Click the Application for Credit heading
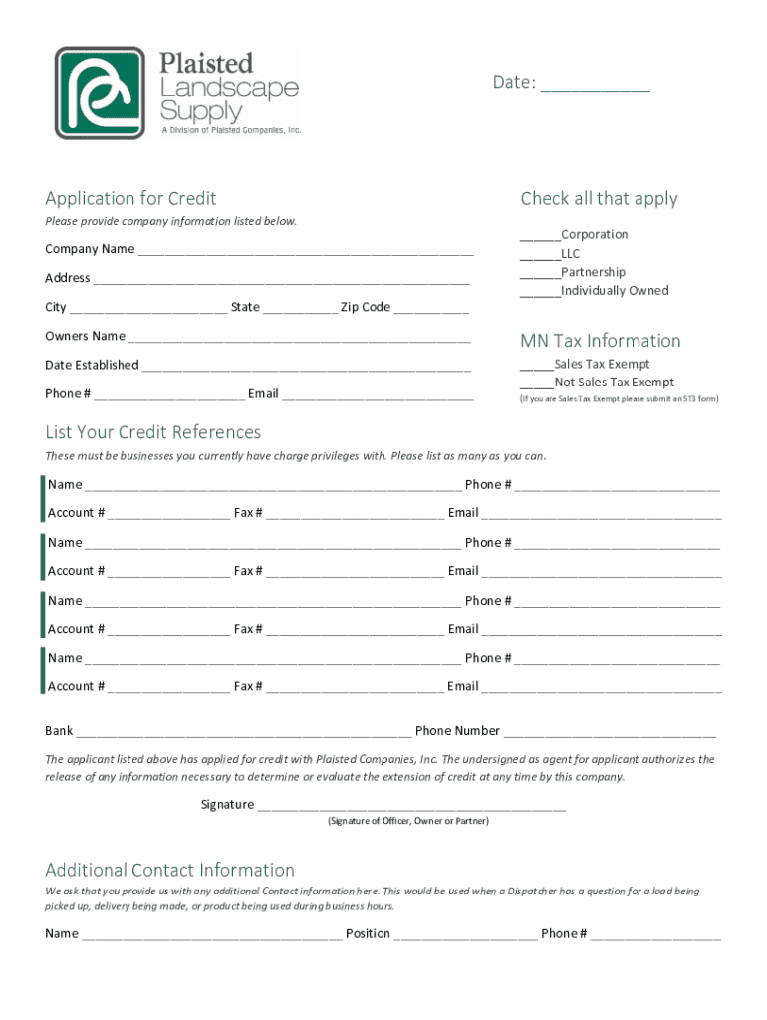coord(130,198)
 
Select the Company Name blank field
coord(305,252)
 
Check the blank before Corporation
coord(539,237)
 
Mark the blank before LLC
coord(539,256)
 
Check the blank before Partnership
coord(539,275)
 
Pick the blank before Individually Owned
coord(539,294)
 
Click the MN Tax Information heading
coord(601,341)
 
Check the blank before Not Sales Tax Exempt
coord(536,385)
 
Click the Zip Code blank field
coord(431,310)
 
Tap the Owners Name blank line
coord(299,339)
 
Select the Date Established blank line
coord(306,368)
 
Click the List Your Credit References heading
coord(153,432)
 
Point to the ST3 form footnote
coord(619,399)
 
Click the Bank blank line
coord(243,734)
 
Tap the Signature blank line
coord(411,808)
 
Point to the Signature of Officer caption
coord(408,821)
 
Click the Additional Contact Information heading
coord(169,870)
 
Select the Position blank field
coord(465,937)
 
